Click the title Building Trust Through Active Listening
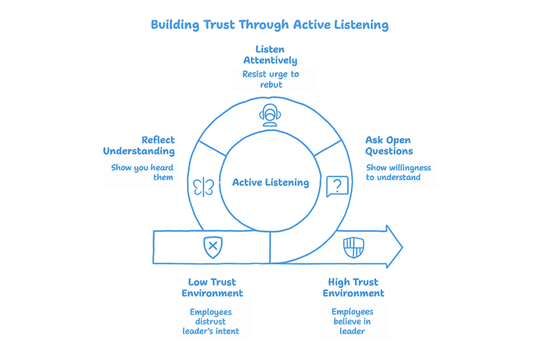click(270, 25)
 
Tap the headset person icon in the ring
click(270, 115)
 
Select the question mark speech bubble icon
click(337, 186)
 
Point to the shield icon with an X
click(213, 247)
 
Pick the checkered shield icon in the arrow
click(352, 247)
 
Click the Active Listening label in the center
click(270, 183)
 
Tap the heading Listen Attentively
click(270, 55)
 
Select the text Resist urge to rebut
click(270, 79)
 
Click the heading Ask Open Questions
click(389, 146)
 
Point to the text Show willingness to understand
click(398, 172)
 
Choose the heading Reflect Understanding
click(139, 146)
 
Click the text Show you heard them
click(142, 172)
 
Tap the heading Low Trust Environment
click(212, 287)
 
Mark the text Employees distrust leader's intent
click(212, 321)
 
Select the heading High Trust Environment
click(353, 287)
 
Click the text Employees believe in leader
click(353, 321)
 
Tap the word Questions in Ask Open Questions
click(389, 151)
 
